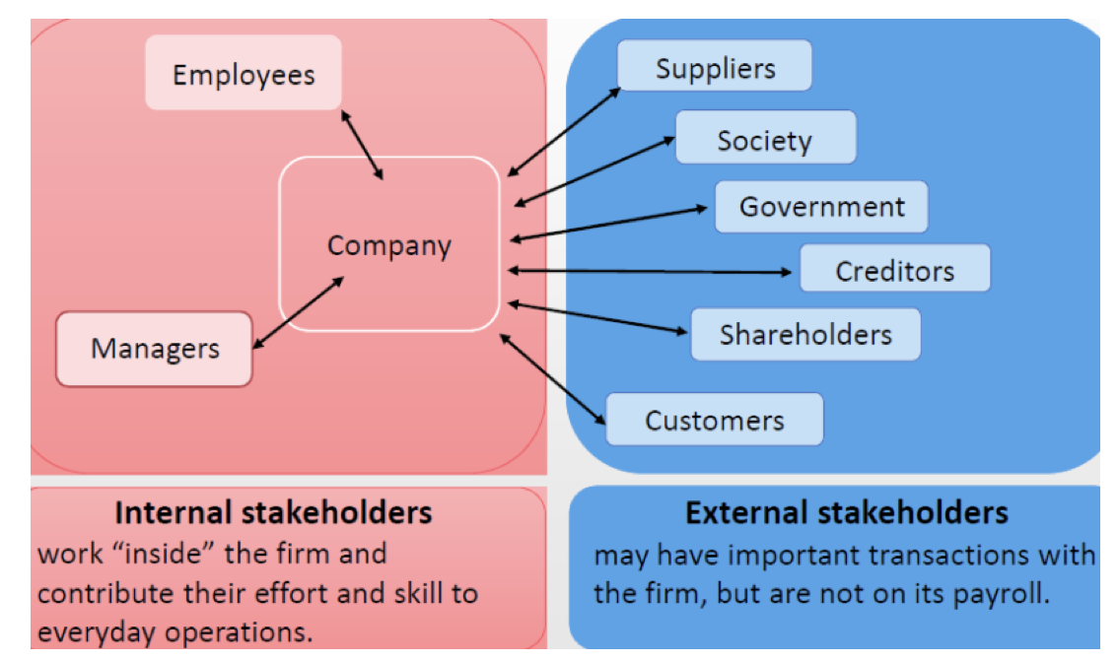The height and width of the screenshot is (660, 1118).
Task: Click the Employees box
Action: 243,74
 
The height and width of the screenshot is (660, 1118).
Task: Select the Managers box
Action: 155,349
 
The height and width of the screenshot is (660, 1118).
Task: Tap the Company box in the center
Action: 389,244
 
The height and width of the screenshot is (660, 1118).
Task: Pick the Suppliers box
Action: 715,67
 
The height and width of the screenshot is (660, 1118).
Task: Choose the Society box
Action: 764,140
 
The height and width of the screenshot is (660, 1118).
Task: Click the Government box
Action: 821,207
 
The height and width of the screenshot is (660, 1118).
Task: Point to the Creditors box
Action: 894,270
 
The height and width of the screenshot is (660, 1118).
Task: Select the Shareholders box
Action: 805,334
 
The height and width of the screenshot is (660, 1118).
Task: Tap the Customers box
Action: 714,421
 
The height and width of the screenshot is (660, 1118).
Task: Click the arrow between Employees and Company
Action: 362,144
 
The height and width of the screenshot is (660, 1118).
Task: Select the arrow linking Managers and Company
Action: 299,311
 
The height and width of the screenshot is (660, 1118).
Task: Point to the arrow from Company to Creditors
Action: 651,270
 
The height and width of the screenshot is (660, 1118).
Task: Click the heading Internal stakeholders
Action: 273,513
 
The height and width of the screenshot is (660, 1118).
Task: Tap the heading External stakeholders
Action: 847,513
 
